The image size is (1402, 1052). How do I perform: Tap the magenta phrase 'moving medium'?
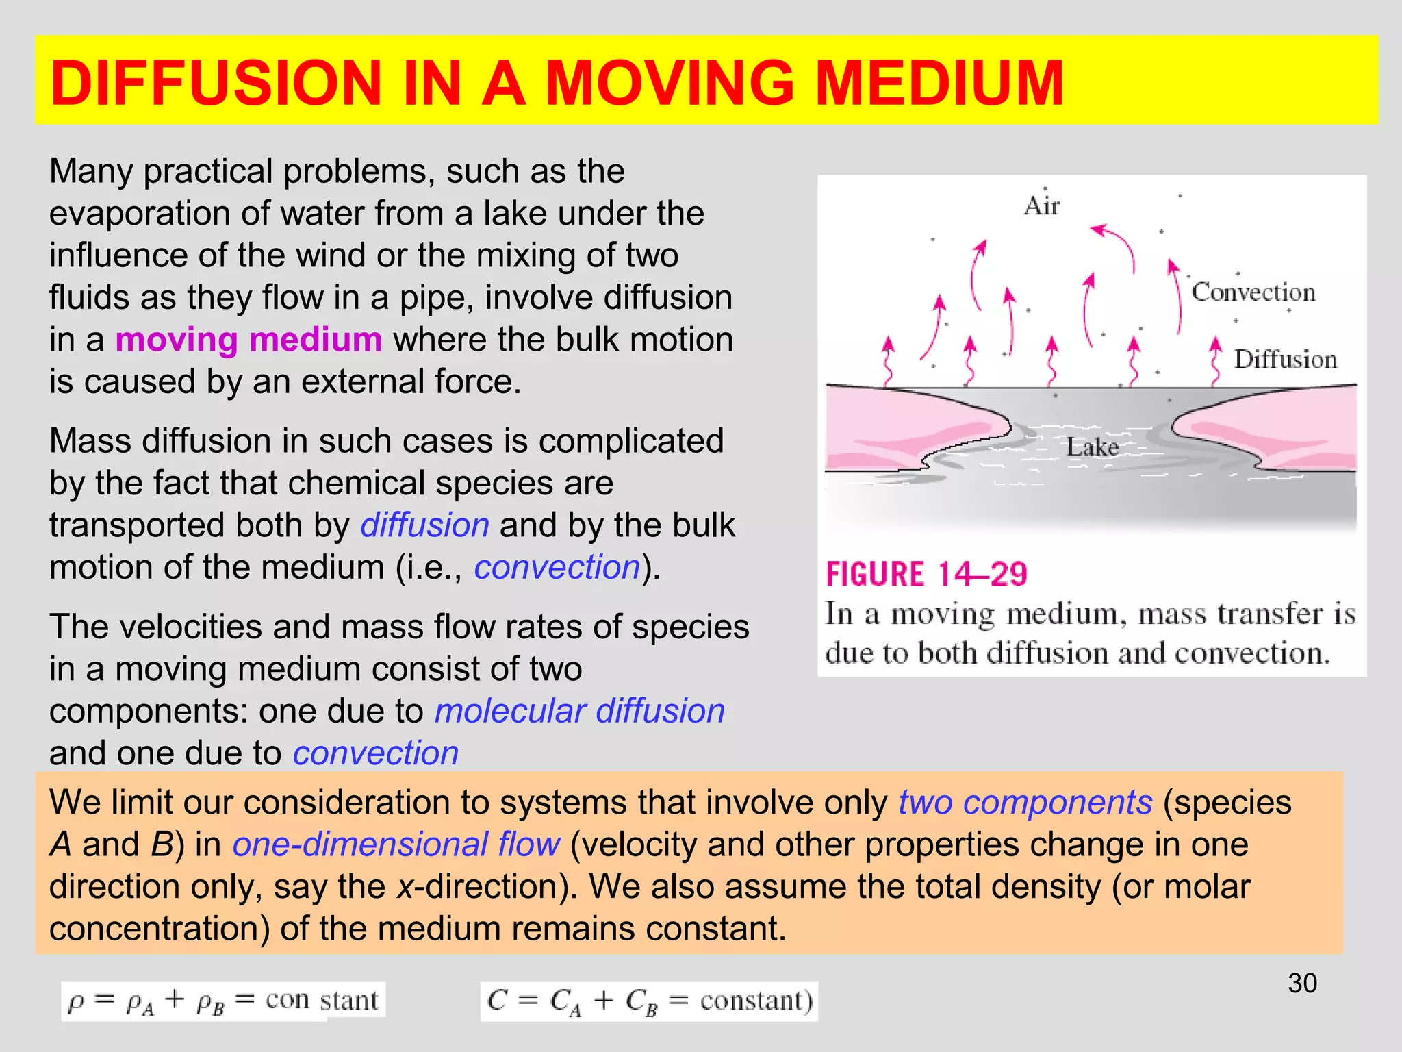pos(248,340)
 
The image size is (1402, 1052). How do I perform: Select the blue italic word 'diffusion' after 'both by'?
pos(424,525)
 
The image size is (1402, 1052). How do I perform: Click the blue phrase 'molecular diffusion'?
pos(579,711)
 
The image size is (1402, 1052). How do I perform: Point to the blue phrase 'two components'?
pos(1025,802)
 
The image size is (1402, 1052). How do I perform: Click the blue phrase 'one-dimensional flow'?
pos(396,844)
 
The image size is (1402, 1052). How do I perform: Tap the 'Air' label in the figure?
pos(1042,205)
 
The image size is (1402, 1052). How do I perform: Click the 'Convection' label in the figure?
pos(1253,292)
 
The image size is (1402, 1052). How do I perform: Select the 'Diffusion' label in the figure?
pos(1285,360)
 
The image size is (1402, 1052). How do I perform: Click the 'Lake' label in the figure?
pos(1092,448)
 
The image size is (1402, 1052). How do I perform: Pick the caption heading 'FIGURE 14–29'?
pos(926,574)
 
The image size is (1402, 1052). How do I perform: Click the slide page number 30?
pos(1302,984)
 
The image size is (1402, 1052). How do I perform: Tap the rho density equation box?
pos(222,1001)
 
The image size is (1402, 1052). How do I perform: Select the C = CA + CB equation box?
pos(648,1001)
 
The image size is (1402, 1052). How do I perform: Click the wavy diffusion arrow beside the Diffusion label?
pos(1216,360)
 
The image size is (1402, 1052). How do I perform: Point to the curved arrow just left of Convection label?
pos(1176,295)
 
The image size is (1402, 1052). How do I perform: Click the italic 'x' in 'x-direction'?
pos(404,887)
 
